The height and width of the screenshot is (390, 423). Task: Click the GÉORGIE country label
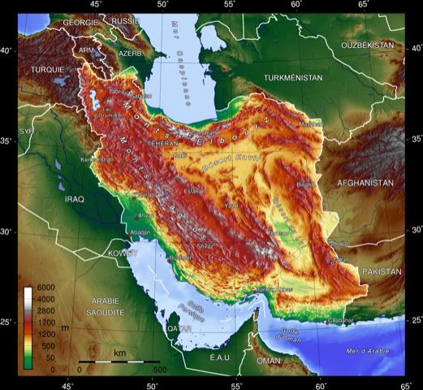pyautogui.click(x=80, y=22)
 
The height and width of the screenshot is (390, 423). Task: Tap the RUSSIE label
pyautogui.click(x=125, y=21)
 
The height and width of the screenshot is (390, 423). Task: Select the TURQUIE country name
pyautogui.click(x=47, y=70)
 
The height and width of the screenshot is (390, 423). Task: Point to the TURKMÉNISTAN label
pyautogui.click(x=293, y=77)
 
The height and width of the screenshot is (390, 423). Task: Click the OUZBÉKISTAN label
pyautogui.click(x=367, y=45)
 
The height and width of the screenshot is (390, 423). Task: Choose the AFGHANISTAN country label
pyautogui.click(x=365, y=183)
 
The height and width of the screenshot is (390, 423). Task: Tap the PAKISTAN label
pyautogui.click(x=382, y=271)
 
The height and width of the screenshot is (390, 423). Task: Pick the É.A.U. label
pyautogui.click(x=221, y=357)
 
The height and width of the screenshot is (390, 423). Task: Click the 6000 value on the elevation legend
pyautogui.click(x=45, y=289)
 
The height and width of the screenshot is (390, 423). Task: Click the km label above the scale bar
pyautogui.click(x=119, y=353)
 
